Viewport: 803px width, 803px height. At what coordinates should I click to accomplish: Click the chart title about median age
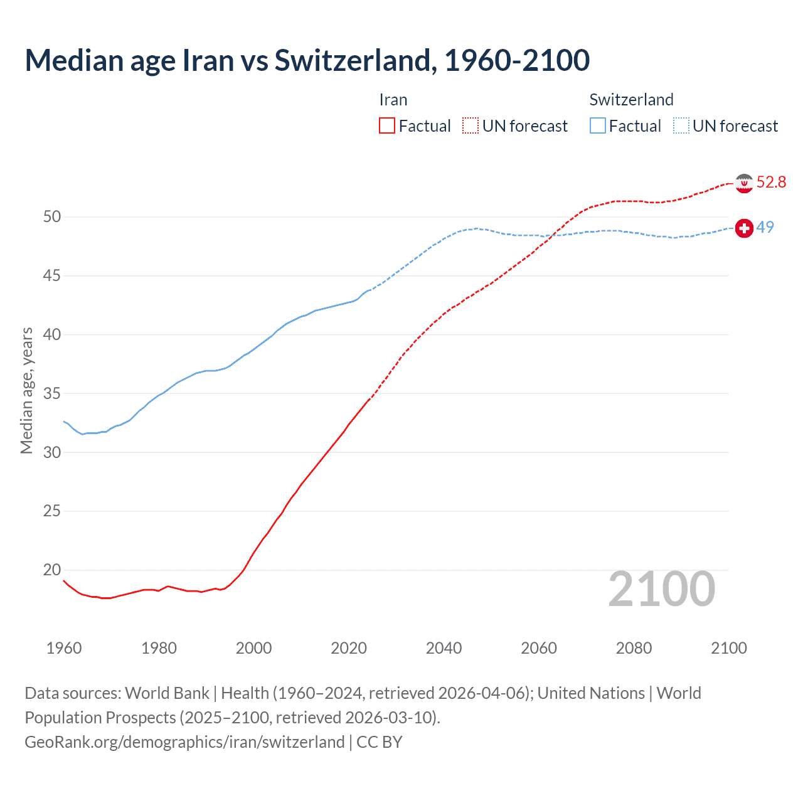point(307,60)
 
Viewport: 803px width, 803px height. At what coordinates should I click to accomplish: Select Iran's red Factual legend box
point(387,126)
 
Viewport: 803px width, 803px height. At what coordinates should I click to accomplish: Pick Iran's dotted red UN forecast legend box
point(471,126)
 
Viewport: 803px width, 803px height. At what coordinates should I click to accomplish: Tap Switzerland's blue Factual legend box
point(598,126)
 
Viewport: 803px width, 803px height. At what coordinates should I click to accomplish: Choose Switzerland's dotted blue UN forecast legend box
point(681,126)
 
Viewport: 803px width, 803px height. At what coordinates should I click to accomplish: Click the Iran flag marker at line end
point(744,183)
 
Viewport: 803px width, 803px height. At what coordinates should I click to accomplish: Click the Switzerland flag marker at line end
point(744,228)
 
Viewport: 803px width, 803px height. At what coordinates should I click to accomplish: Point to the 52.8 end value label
point(771,183)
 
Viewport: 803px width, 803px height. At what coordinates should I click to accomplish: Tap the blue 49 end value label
point(765,227)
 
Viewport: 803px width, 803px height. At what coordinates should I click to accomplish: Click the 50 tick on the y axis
point(52,217)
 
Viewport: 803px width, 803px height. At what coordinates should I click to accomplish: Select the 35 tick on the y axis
point(52,394)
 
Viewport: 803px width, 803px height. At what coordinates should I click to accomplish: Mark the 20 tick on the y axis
point(52,570)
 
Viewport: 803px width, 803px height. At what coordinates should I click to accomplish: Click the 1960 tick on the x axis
point(64,648)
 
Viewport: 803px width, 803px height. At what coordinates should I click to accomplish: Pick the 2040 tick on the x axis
point(444,648)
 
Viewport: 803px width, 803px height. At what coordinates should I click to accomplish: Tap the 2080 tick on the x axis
point(634,648)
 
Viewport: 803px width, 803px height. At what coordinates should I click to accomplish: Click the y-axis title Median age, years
point(26,390)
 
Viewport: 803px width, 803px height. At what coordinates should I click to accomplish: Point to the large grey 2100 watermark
point(662,589)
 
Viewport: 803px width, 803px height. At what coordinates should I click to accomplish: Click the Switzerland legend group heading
point(631,100)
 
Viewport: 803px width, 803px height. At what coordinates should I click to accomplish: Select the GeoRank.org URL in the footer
point(184,742)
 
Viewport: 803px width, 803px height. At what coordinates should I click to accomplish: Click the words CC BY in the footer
point(379,742)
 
